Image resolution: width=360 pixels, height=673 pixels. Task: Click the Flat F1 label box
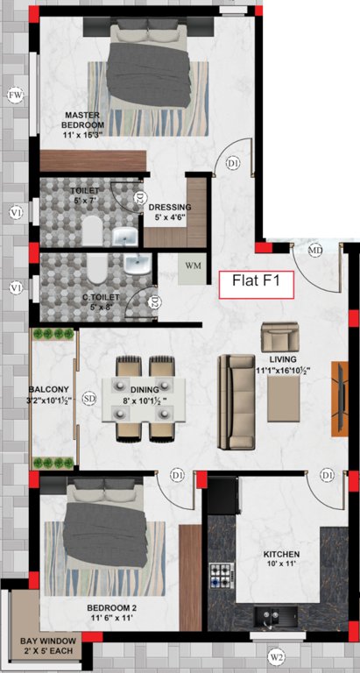click(256, 282)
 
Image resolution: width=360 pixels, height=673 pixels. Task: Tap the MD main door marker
click(316, 251)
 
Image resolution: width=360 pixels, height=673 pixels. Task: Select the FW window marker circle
click(15, 95)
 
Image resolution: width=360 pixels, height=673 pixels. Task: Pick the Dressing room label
click(173, 212)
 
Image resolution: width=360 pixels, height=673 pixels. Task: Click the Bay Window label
click(48, 646)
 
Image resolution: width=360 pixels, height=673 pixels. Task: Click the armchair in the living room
click(279, 337)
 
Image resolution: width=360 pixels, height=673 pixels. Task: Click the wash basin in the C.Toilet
click(136, 265)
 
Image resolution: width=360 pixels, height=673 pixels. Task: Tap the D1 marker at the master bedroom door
click(233, 163)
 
